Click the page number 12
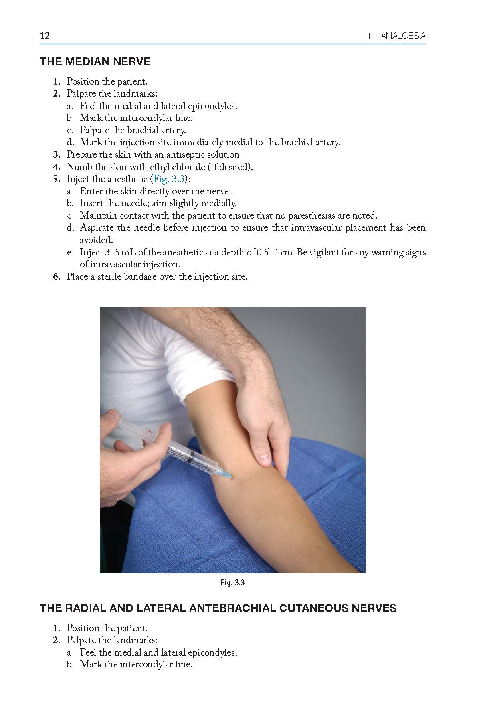(45, 36)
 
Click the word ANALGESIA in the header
(403, 36)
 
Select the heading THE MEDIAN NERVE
(95, 62)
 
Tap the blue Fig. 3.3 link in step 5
(169, 179)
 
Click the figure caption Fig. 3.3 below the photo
(233, 583)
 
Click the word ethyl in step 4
(161, 167)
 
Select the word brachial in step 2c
(143, 130)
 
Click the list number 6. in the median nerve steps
(57, 277)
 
